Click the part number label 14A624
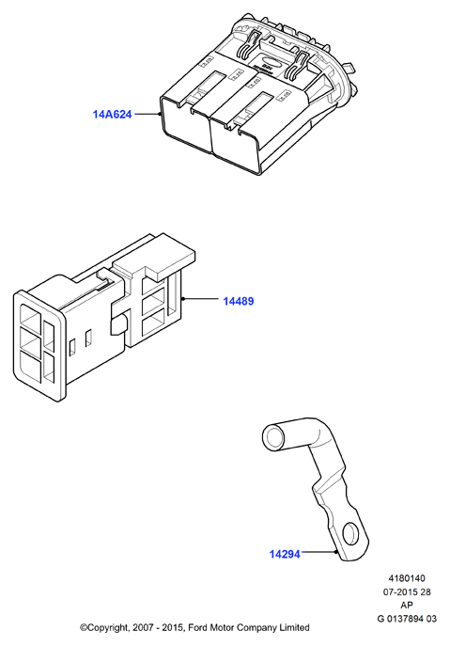coord(112,114)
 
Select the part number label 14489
coord(239,301)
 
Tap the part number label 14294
coord(285,554)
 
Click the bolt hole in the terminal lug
coord(351,532)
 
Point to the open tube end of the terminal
coord(273,437)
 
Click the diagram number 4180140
coord(407,578)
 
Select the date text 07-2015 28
coord(407,592)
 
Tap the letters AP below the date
coord(407,606)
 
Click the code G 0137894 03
coord(407,619)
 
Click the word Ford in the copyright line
coord(199,628)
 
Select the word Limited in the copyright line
coord(293,628)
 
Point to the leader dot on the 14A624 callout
coord(160,114)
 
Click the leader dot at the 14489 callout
coord(183,298)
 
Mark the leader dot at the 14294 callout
coord(336,551)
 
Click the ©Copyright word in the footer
coord(104,628)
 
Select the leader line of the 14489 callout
coord(200,298)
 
